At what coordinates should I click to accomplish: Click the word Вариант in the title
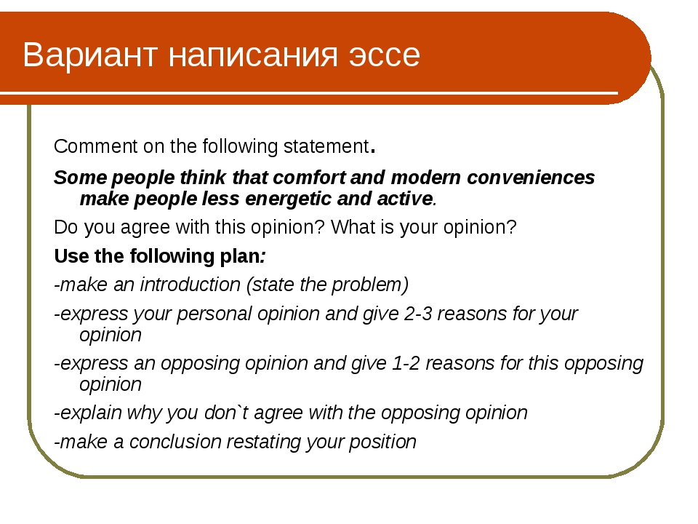(90, 55)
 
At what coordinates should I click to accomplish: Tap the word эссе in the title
(384, 55)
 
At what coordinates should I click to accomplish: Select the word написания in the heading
(253, 55)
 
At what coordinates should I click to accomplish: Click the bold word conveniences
(531, 178)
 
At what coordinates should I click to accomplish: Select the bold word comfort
(309, 178)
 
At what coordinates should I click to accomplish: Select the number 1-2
(406, 363)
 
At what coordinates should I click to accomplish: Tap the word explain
(91, 413)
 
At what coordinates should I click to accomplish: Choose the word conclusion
(175, 442)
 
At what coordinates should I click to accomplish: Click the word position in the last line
(382, 442)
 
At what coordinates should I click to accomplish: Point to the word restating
(264, 442)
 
